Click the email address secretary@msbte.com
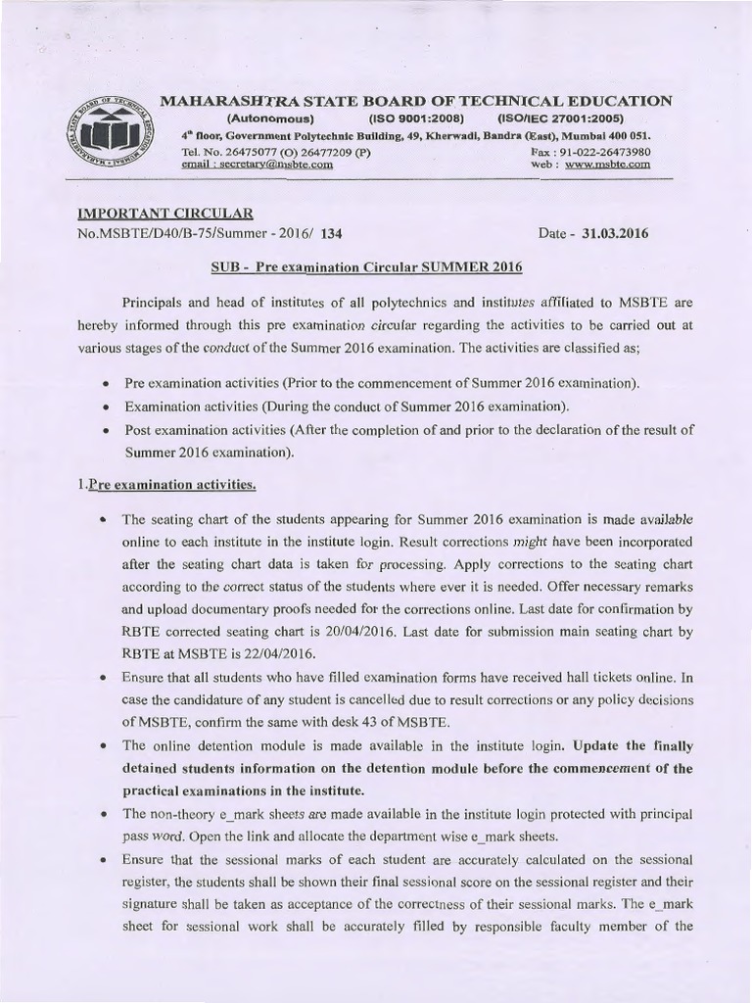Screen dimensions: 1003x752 [x=258, y=166]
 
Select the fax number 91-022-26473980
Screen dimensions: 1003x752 [x=604, y=153]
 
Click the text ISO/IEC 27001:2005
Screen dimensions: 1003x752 [x=554, y=118]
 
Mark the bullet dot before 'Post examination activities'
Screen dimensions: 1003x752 [x=105, y=430]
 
